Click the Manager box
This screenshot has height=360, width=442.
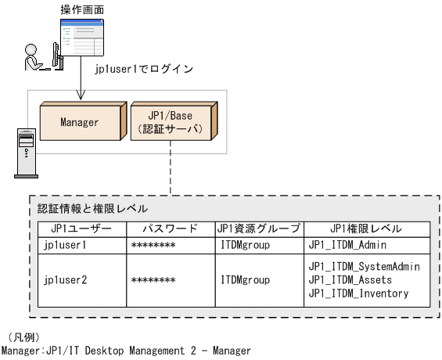[79, 123]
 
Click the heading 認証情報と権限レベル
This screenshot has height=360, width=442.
[93, 210]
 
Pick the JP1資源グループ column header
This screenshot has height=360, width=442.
[259, 229]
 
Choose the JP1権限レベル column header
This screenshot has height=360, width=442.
[366, 229]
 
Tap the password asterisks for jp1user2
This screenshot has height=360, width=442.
[153, 279]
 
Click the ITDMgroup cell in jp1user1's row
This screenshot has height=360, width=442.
[245, 245]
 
